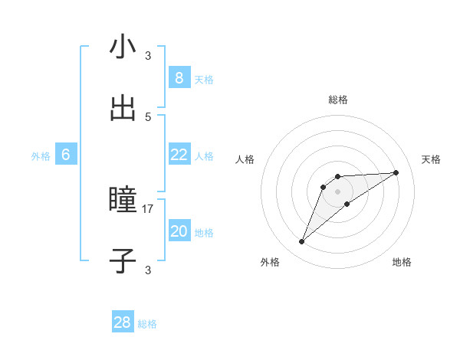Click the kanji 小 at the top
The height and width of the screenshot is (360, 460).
[123, 48]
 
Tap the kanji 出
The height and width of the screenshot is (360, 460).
[123, 108]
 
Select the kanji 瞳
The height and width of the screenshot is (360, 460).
[123, 200]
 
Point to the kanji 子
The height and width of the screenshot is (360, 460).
[123, 260]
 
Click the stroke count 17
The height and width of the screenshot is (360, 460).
[148, 208]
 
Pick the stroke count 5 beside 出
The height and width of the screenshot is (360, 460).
[148, 116]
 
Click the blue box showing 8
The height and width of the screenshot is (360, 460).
[179, 77]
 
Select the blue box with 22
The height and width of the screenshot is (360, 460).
[179, 155]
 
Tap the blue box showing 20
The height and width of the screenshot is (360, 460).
[179, 231]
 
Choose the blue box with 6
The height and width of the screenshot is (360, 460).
[66, 155]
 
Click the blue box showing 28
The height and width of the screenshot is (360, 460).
[123, 322]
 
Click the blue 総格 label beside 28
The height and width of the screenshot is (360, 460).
[147, 324]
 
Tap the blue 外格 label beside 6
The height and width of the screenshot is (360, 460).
[41, 156]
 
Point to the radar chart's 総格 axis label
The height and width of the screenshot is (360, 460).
[338, 100]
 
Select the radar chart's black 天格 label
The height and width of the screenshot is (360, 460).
[431, 159]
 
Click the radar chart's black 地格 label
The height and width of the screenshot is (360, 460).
[402, 262]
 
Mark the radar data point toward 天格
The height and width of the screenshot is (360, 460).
[396, 172]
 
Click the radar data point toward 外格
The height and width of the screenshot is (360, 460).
[302, 242]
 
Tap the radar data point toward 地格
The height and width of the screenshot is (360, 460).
[347, 204]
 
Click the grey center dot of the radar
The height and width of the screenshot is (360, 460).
[338, 191]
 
